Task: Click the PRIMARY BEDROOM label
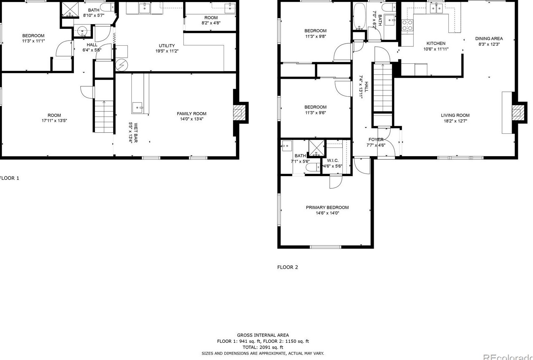327,207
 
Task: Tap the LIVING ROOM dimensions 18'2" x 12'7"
455,121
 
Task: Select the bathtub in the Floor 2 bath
359,16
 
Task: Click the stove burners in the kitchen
407,25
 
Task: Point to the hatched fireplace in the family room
237,113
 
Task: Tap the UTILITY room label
167,45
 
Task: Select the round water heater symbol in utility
121,65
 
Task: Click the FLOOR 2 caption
287,267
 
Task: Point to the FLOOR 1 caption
9,178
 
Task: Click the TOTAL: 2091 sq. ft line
263,347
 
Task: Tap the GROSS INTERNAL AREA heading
263,335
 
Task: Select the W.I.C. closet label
333,161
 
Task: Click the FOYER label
376,139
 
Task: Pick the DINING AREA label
489,39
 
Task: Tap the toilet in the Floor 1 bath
107,7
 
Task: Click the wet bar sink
138,108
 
